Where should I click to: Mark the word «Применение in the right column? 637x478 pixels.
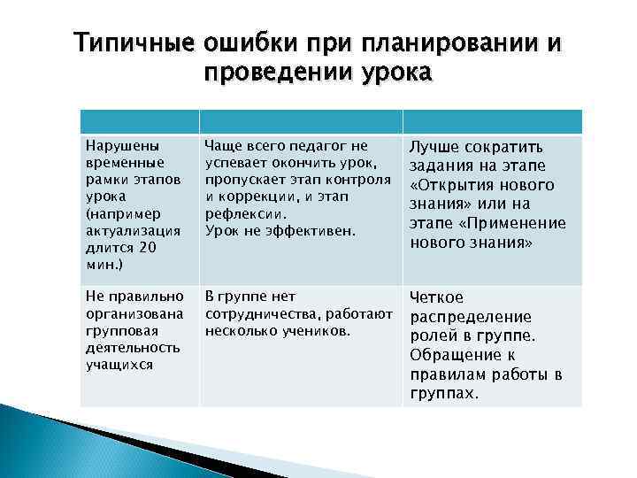point(521,223)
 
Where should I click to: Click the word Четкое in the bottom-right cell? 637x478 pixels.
point(438,298)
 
